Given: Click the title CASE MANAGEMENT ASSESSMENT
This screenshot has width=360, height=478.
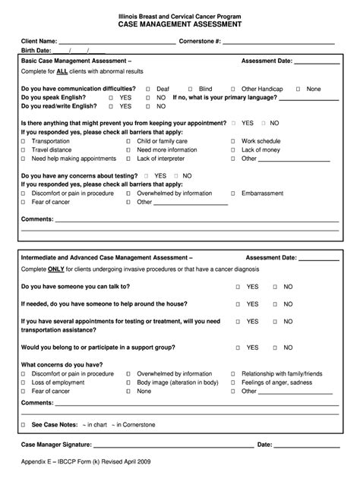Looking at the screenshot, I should click(x=180, y=24).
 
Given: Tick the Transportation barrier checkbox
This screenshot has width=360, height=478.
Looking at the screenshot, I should click(x=24, y=141).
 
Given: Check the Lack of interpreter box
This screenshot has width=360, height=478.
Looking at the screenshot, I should click(x=128, y=159).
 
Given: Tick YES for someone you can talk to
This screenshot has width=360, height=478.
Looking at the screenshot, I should click(x=238, y=287).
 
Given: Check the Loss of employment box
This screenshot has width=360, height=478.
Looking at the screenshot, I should click(x=24, y=382).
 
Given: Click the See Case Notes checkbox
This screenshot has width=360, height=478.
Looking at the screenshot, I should click(x=24, y=425).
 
